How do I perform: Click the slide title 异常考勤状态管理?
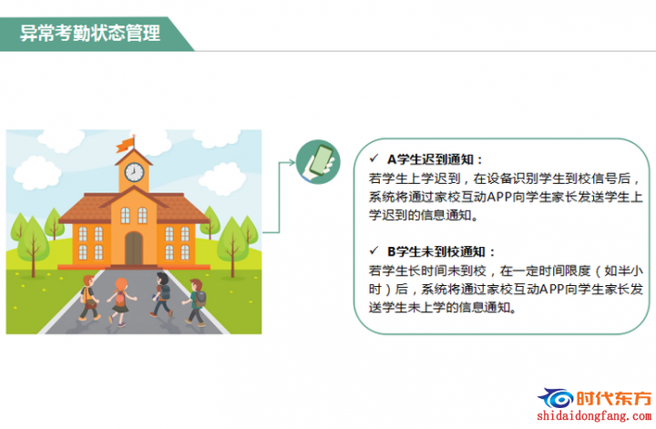90,33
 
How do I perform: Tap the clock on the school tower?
134,172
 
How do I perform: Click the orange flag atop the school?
125,145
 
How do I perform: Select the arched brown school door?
134,249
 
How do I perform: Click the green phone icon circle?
318,162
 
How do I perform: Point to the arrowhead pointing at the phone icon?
292,162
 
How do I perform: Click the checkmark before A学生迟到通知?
374,158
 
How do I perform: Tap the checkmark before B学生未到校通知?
374,250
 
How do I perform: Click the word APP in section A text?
498,197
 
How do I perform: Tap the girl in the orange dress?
120,301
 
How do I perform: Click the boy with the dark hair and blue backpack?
160,294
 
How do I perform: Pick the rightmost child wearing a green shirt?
195,301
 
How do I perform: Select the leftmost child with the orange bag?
89,298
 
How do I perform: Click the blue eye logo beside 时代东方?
556,398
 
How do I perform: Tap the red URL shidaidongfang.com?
594,416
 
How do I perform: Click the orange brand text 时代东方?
614,398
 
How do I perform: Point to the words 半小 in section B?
630,271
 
